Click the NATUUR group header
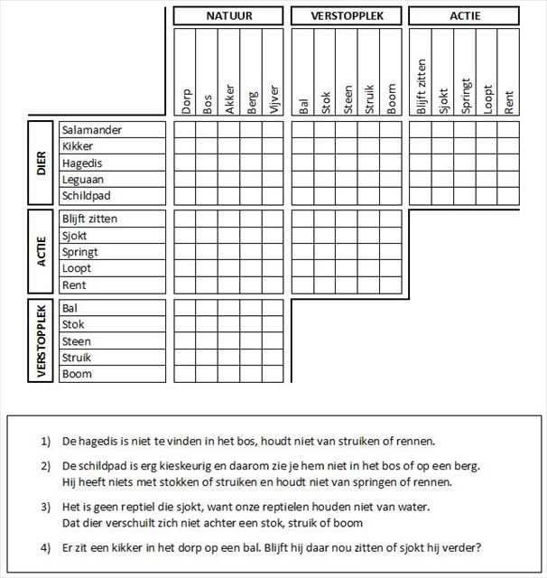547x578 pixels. pos(229,16)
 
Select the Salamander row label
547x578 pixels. pos(92,130)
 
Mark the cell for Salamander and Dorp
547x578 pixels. pos(185,130)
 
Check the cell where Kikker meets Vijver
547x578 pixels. pos(273,146)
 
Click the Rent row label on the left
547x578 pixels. pos(74,285)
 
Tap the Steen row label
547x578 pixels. pos(76,341)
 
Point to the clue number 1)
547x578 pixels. pos(46,442)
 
